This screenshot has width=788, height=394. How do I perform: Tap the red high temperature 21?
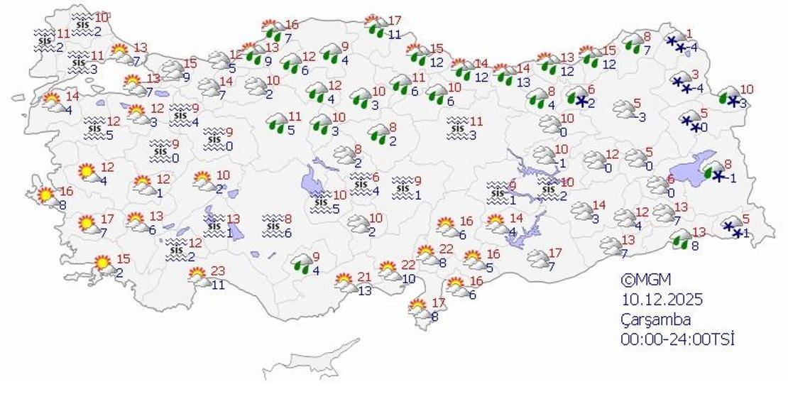pyautogui.click(x=364, y=277)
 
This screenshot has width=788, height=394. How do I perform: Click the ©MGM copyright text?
pyautogui.click(x=645, y=280)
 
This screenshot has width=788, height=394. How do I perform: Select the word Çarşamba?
pyautogui.click(x=655, y=319)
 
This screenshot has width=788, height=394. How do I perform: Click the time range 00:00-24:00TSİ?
pyautogui.click(x=677, y=339)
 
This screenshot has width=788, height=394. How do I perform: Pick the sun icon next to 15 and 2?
pyautogui.click(x=104, y=264)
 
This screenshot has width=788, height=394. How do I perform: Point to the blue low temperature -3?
pyautogui.click(x=640, y=117)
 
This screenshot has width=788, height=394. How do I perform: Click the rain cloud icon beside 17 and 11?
pyautogui.click(x=376, y=27)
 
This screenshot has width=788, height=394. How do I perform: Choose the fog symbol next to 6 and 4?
pyautogui.click(x=361, y=183)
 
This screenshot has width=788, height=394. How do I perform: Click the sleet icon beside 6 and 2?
pyautogui.click(x=579, y=97)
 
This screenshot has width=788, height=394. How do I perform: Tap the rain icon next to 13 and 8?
pyautogui.click(x=681, y=239)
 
